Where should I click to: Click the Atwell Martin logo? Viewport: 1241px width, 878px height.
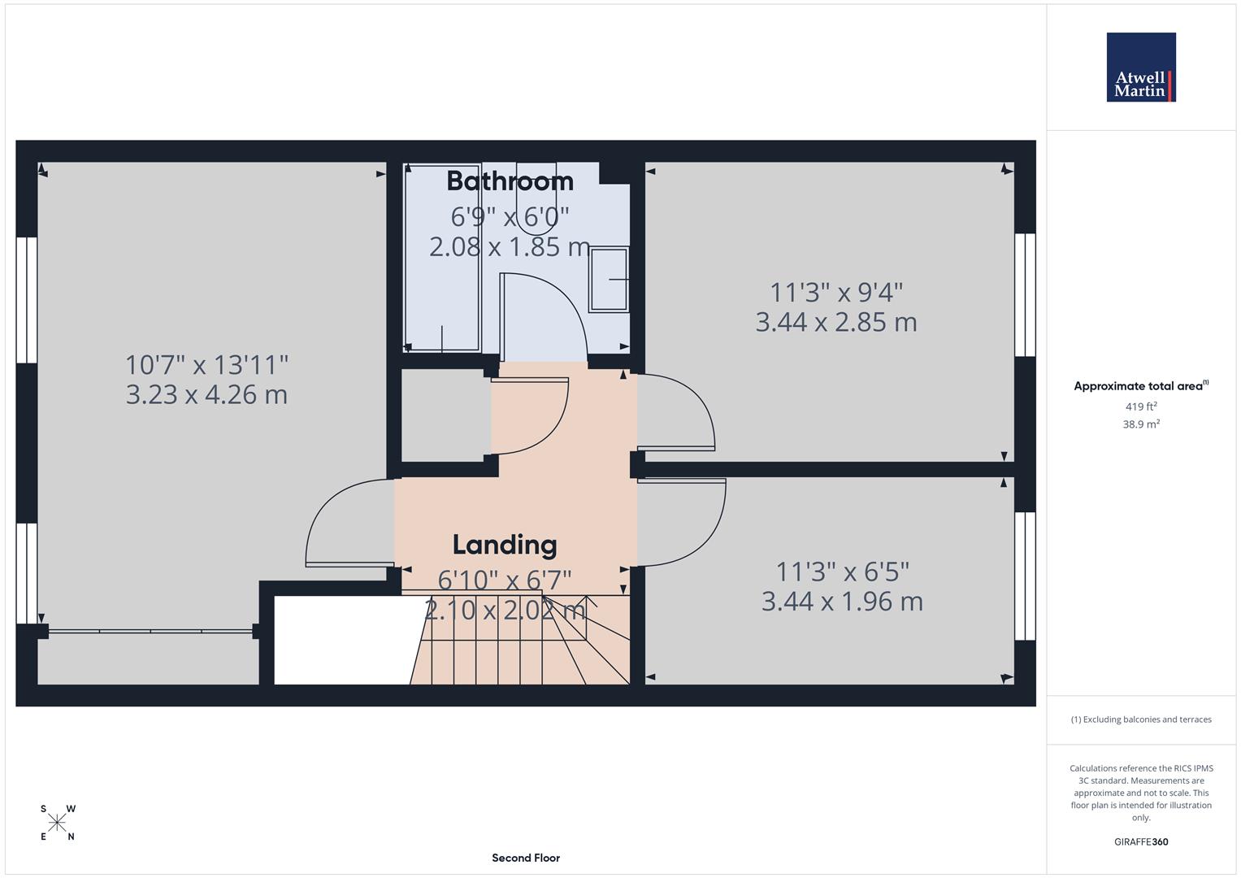1140,67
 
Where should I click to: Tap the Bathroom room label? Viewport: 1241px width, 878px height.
510,180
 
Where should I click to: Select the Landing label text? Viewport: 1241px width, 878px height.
504,545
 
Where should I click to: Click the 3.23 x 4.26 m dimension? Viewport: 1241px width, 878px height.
206,395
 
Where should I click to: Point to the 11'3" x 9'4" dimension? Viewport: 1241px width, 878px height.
836,291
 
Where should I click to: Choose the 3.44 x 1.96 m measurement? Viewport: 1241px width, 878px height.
842,602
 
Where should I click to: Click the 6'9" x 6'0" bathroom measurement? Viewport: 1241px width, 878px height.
510,216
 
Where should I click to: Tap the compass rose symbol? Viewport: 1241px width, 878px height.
57,823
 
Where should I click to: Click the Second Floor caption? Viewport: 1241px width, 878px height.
525,858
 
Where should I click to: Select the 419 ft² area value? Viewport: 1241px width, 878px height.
1140,406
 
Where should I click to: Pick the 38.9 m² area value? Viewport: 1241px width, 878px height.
1140,424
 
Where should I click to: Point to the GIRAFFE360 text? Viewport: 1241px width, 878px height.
1140,841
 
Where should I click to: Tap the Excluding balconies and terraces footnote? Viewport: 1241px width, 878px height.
1140,719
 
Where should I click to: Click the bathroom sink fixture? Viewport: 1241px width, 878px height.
609,280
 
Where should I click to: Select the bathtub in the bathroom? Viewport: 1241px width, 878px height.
442,258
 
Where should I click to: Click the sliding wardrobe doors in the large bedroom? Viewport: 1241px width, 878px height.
150,630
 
